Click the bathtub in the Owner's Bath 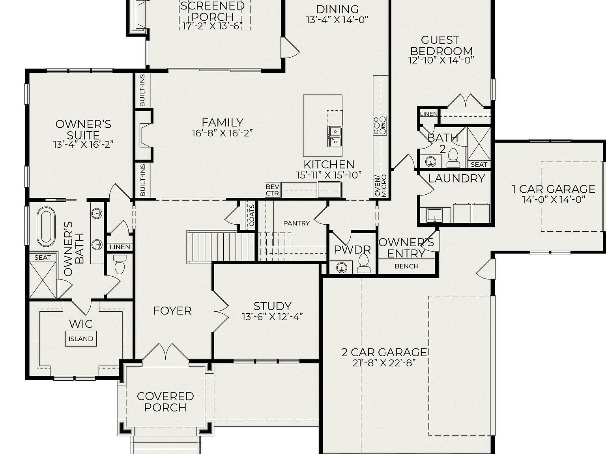click(46, 227)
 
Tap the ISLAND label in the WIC click(81, 339)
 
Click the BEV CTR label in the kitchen click(272, 190)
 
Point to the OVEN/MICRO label click(381, 185)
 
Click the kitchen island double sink click(335, 136)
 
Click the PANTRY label click(296, 223)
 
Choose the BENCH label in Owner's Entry click(406, 266)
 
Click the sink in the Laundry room click(436, 216)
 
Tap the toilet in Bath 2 click(453, 158)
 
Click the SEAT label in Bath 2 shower click(479, 164)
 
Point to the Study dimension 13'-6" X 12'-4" click(272, 317)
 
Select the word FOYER click(172, 311)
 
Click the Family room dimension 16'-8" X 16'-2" click(222, 133)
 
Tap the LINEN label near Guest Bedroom click(428, 114)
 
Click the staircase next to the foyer click(221, 246)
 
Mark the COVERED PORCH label click(165, 402)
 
